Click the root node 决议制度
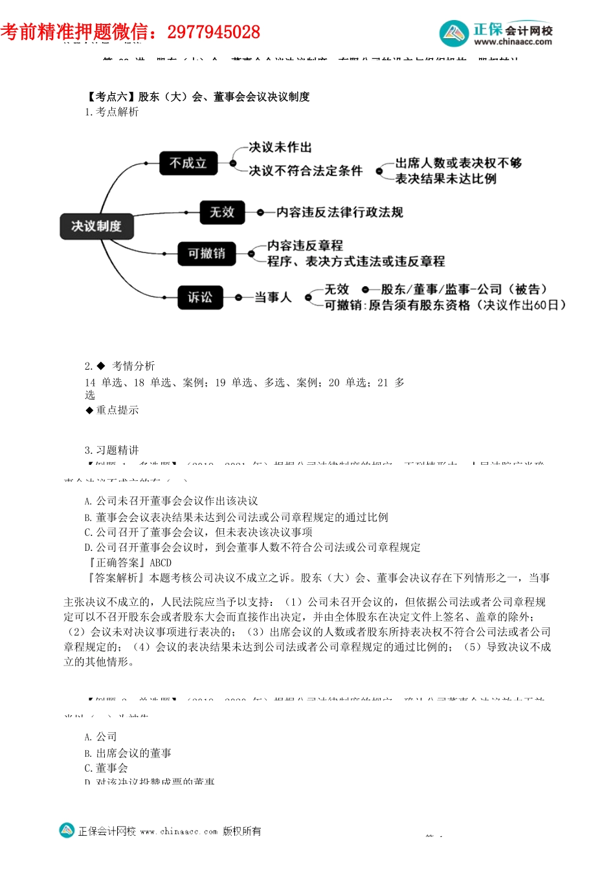point(96,226)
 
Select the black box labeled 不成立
point(188,163)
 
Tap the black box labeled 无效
point(222,212)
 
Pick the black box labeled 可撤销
point(207,253)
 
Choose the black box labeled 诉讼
point(200,297)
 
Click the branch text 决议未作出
point(280,148)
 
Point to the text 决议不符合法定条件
point(306,171)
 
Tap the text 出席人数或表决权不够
point(458,163)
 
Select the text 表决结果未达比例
point(446,179)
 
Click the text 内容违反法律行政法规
point(339,212)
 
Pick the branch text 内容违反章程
point(305,245)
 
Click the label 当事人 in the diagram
point(273,297)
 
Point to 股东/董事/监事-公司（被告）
point(464,289)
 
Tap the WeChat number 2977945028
point(214,32)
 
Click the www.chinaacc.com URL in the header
point(513,42)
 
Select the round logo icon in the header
point(454,34)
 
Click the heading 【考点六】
point(111,96)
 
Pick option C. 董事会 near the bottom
point(106,768)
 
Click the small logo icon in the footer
point(67,831)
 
